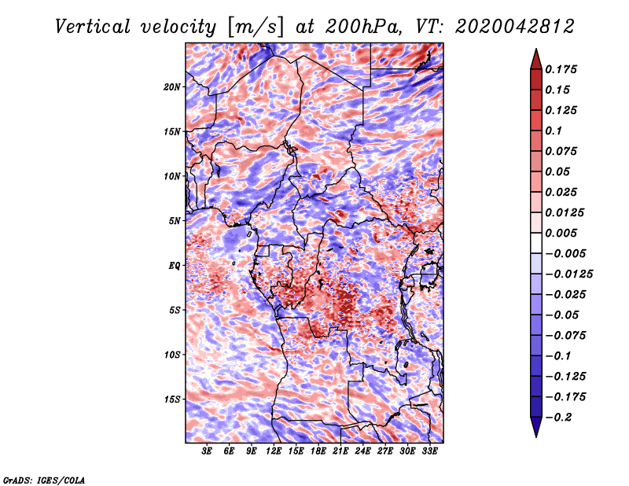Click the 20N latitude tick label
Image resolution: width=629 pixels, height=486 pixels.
pos(172,87)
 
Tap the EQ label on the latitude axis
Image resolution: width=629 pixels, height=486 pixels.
pos(175,266)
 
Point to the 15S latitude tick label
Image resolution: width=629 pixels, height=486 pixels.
pos(172,399)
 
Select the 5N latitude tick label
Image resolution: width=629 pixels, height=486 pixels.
pos(175,221)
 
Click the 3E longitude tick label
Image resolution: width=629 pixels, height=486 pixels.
pos(207,451)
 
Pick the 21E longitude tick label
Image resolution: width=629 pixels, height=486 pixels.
pos(340,451)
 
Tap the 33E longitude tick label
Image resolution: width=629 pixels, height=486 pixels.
pos(429,451)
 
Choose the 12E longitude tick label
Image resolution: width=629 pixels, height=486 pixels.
pos(274,451)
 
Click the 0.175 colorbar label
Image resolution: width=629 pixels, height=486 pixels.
pos(561,69)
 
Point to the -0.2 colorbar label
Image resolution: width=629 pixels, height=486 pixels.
pos(558,418)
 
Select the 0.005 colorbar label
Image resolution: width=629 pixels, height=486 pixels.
pos(561,233)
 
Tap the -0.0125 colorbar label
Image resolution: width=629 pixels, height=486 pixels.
pos(568,274)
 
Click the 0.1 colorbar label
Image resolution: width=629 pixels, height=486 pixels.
pos(554,131)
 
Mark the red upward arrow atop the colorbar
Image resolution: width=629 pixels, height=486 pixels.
pos(536,59)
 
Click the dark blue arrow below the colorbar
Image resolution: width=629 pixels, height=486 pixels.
pos(536,427)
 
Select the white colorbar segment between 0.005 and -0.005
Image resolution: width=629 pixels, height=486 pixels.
pos(536,243)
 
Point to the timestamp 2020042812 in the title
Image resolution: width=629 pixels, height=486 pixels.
pos(515,27)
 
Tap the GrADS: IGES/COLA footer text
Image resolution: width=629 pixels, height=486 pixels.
pos(44,480)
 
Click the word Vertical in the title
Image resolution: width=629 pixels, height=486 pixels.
pos(93,27)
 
